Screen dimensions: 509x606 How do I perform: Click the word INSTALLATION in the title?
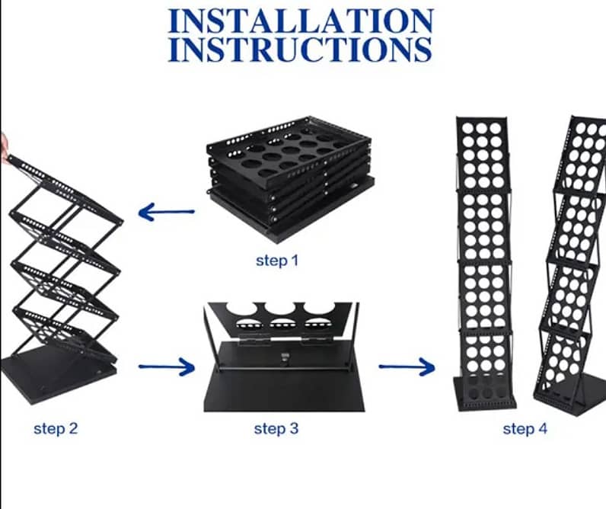coord(300,20)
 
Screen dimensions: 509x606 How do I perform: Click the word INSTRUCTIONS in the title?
coord(300,49)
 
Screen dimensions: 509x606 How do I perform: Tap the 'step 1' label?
coord(277,261)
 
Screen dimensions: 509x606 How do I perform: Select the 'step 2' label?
coord(56,428)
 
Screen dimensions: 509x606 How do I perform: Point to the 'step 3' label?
coord(276,429)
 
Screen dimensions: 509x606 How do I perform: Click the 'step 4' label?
coord(525,429)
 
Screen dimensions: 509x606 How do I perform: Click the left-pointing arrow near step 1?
coord(166,212)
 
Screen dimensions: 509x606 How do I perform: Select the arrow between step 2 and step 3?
coord(166,368)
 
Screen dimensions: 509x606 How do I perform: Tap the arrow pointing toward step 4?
coord(406,367)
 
